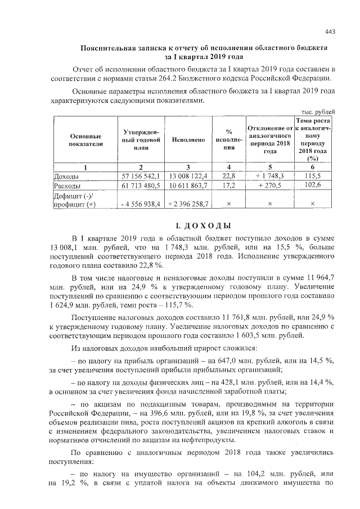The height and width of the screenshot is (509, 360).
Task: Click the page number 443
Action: pyautogui.click(x=331, y=31)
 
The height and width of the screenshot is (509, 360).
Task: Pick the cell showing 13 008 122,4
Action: pyautogui.click(x=188, y=176)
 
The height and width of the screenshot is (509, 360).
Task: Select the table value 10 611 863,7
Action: pyautogui.click(x=188, y=185)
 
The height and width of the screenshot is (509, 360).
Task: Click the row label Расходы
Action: pyautogui.click(x=67, y=185)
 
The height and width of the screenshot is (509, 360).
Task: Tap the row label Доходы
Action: pyautogui.click(x=66, y=176)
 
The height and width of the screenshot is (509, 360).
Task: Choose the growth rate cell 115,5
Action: pyautogui.click(x=312, y=176)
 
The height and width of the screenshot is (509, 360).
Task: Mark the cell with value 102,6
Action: pyautogui.click(x=312, y=184)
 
